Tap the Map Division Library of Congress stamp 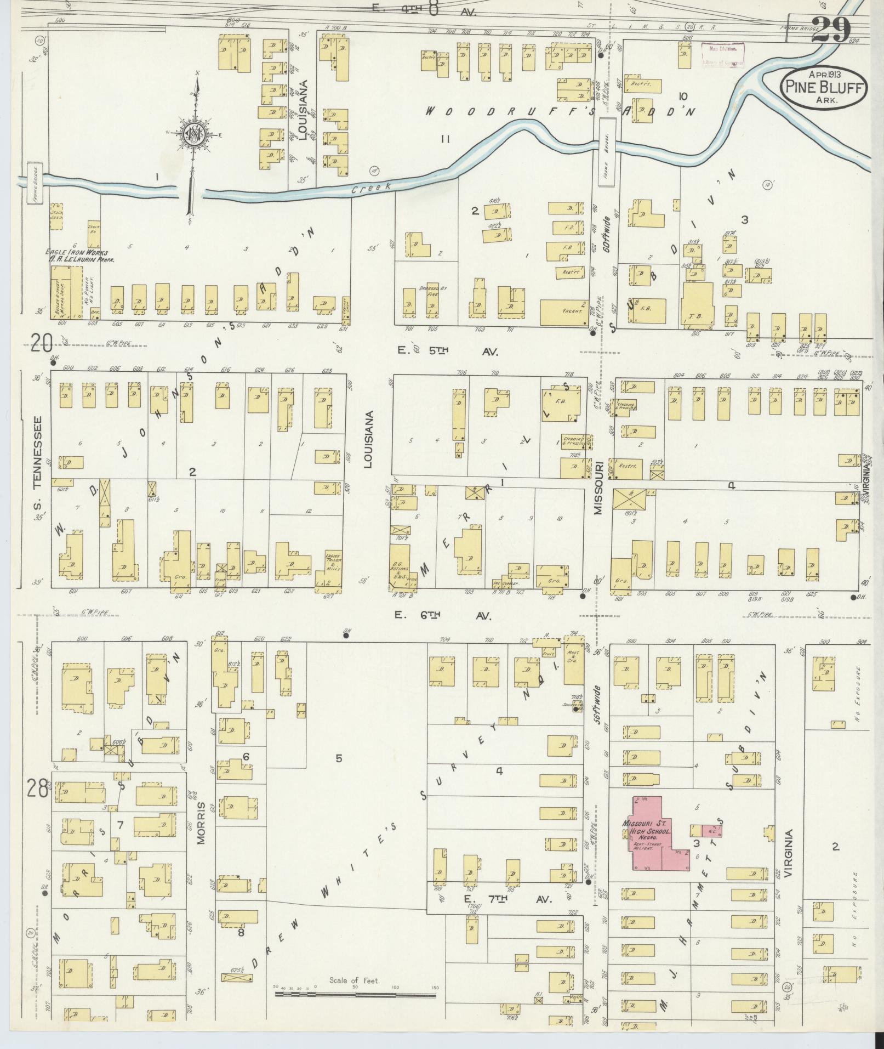click(x=723, y=55)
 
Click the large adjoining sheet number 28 click(x=37, y=790)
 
